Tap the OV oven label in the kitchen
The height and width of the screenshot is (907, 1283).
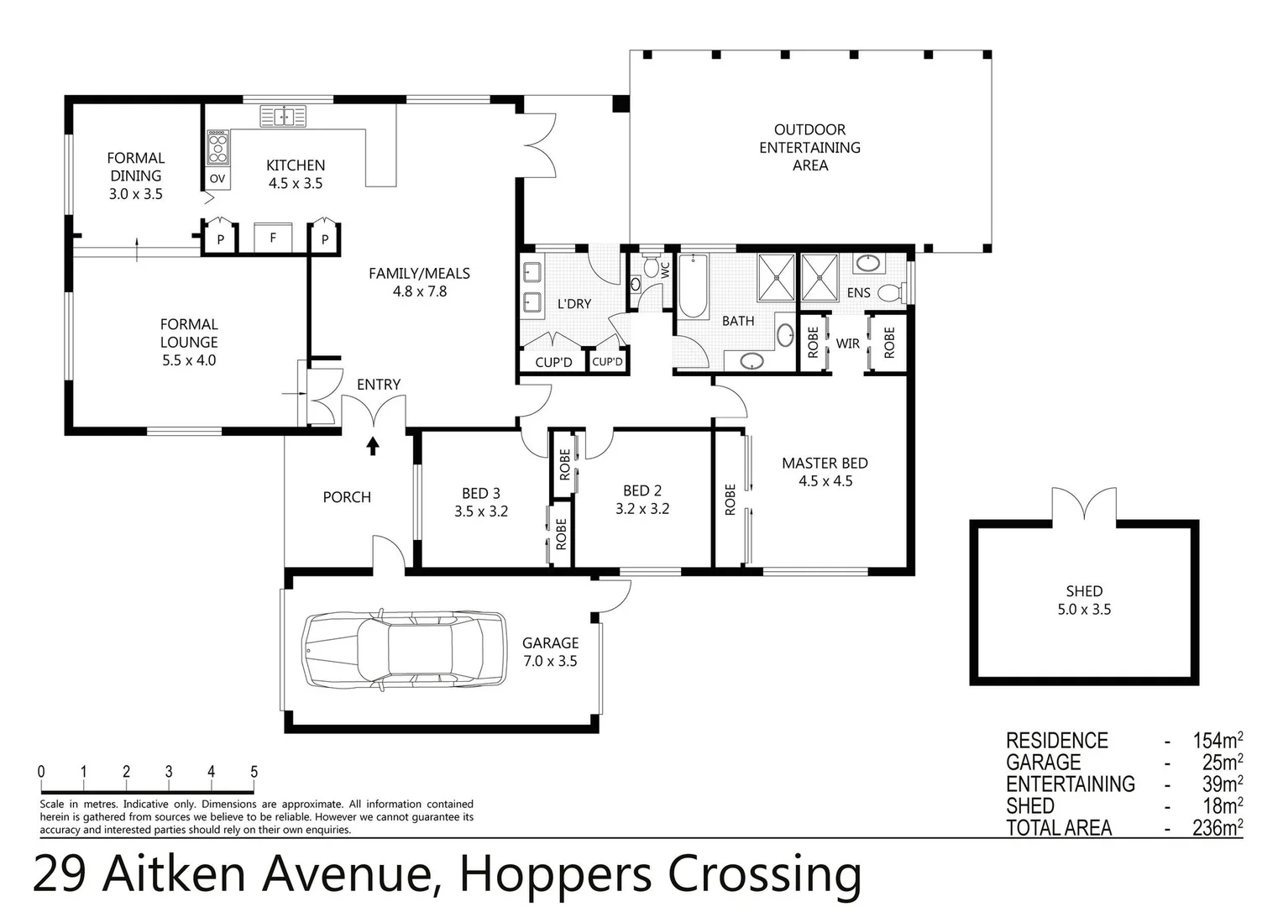click(x=217, y=179)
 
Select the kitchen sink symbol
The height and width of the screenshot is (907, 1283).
click(x=283, y=116)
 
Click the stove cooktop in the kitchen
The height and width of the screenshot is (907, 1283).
click(x=217, y=148)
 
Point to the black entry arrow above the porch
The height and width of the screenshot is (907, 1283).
click(x=372, y=445)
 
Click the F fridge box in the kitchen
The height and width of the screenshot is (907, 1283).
click(x=273, y=238)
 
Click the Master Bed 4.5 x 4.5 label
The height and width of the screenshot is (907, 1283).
click(x=825, y=472)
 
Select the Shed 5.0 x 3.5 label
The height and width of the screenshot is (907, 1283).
click(x=1084, y=600)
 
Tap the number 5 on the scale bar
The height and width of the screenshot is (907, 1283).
click(x=254, y=772)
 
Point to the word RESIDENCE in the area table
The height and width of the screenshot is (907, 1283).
click(x=1057, y=741)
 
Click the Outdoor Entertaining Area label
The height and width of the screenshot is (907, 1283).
click(x=809, y=148)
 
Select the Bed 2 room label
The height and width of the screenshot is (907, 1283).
click(x=642, y=500)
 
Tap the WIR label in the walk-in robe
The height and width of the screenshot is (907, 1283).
click(x=848, y=343)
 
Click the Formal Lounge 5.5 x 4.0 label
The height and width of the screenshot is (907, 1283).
click(x=189, y=342)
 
